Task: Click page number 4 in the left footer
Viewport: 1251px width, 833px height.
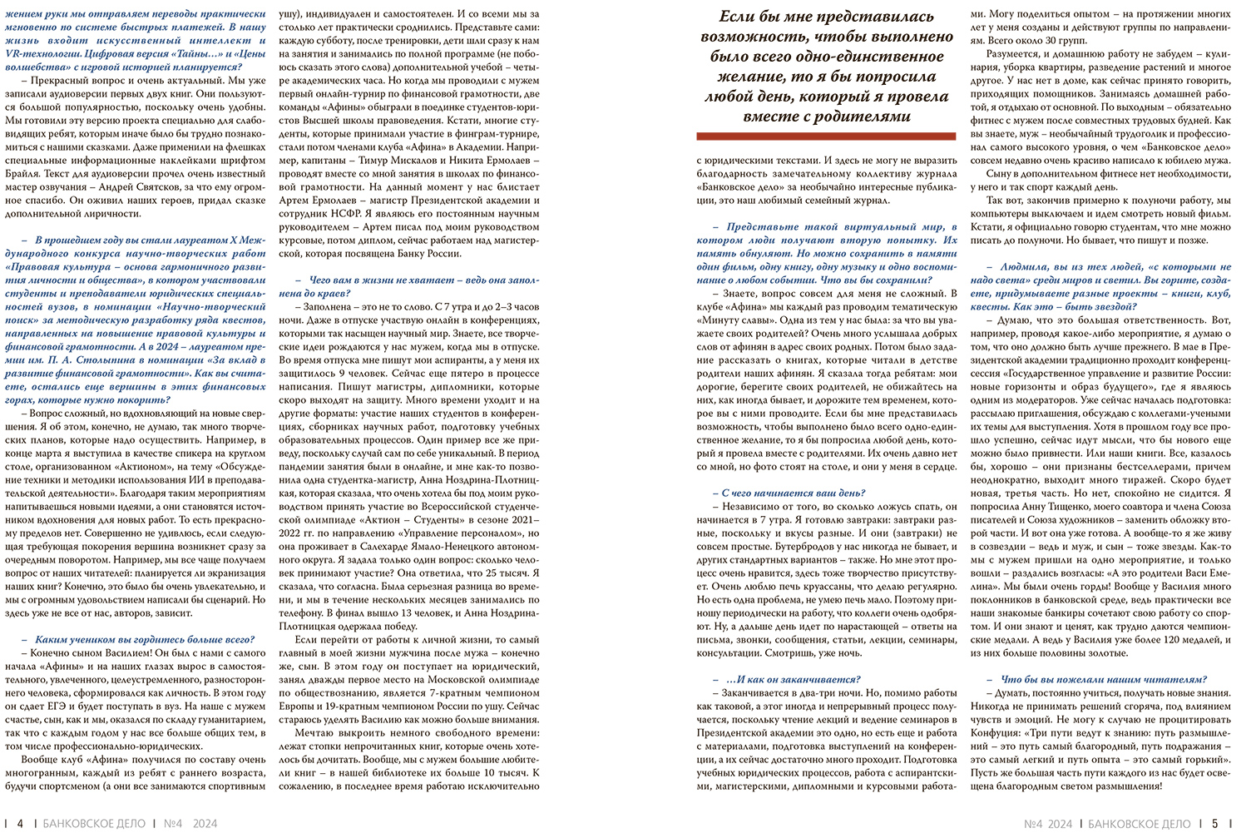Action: tap(20, 823)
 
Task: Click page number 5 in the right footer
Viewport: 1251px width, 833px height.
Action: tap(1214, 823)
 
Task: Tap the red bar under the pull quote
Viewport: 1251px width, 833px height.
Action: tap(827, 136)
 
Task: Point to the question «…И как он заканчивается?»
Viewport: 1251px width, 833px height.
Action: tap(793, 679)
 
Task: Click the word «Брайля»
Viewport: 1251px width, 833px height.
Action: tap(23, 173)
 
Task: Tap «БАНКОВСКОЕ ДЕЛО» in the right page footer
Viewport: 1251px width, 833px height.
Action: tap(1140, 823)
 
